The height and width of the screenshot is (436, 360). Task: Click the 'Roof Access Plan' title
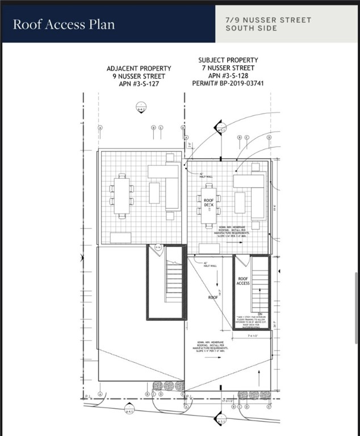64,24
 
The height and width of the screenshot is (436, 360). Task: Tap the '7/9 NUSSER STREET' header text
268,20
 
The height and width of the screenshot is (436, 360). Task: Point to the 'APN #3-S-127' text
139,84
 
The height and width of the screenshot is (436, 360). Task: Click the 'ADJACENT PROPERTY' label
139,68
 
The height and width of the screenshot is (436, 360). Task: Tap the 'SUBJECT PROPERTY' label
228,60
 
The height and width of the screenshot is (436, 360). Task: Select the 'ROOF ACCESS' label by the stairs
242,280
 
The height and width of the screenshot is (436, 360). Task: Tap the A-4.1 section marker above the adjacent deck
141,107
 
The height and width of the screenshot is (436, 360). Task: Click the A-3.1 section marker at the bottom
221,420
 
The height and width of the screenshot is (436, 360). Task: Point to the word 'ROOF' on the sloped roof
213,297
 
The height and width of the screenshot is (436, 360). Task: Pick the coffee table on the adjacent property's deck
154,193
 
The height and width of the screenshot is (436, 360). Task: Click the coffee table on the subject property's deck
240,203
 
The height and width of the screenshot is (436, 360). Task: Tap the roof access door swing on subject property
242,261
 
